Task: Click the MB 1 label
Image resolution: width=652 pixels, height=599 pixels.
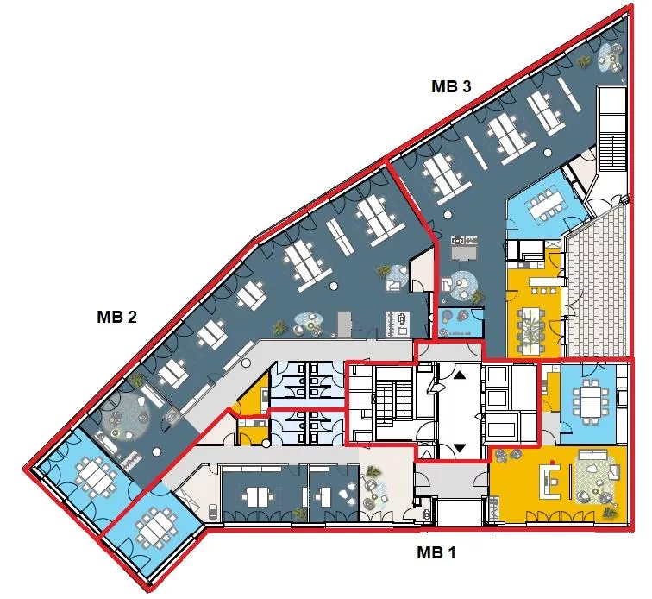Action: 436,552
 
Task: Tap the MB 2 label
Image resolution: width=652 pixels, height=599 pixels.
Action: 116,317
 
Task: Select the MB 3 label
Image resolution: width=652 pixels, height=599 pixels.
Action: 452,86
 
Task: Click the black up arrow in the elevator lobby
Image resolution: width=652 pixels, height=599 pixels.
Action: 460,375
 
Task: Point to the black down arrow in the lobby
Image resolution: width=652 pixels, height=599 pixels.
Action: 460,448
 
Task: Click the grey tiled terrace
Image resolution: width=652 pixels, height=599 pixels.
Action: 597,287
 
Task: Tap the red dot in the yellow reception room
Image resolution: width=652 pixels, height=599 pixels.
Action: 553,462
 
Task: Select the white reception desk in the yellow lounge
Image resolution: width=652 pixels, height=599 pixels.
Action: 551,482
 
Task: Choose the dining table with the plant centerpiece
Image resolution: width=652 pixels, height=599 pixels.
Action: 531,328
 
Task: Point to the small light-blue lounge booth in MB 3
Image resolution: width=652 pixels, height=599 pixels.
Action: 460,323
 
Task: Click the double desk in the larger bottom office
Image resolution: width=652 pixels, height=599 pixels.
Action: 258,497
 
